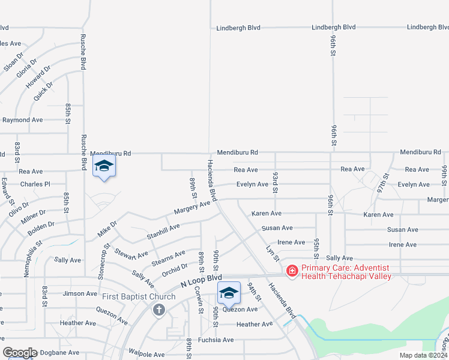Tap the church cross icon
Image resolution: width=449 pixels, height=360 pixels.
pos(158,310)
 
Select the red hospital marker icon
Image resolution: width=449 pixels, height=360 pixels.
pos(292,272)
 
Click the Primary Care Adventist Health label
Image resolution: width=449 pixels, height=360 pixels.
pos(346,272)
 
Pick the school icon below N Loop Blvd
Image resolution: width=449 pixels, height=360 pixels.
pos(229,293)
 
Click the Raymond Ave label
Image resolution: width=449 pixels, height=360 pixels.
pos(22,120)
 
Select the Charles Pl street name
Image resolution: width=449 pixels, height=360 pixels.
pos(35,184)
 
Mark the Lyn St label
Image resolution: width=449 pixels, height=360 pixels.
pos(273,252)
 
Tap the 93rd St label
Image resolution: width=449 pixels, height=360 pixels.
pos(275,182)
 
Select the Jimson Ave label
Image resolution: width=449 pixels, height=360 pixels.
pos(80,294)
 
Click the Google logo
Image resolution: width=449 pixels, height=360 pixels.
pos(20,353)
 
